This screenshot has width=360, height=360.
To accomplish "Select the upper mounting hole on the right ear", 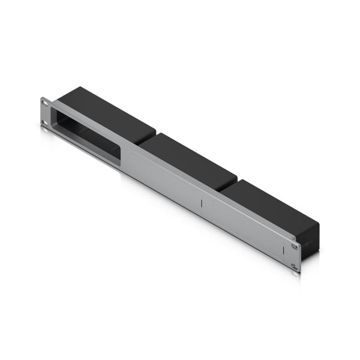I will click(x=294, y=246).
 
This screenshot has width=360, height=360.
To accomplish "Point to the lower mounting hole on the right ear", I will click(x=294, y=266).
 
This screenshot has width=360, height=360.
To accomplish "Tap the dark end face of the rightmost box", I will click(x=310, y=243).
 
